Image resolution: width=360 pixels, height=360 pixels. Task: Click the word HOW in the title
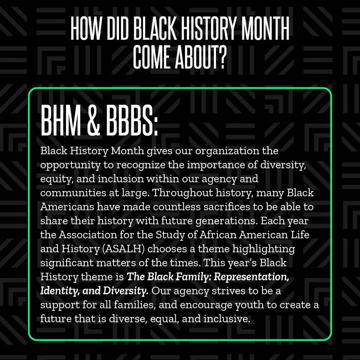(x=86, y=29)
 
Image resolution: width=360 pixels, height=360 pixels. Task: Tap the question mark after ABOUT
(x=221, y=57)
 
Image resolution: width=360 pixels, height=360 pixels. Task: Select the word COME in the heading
(x=152, y=57)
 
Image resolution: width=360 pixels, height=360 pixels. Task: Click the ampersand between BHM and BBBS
(x=94, y=120)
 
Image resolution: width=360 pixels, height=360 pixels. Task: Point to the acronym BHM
(x=61, y=120)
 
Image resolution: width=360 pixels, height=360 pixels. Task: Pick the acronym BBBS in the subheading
(x=130, y=120)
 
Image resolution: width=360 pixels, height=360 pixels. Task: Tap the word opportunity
(x=70, y=166)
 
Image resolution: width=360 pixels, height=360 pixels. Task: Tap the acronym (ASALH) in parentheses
(x=123, y=249)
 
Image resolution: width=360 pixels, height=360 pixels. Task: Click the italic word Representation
(x=251, y=277)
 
